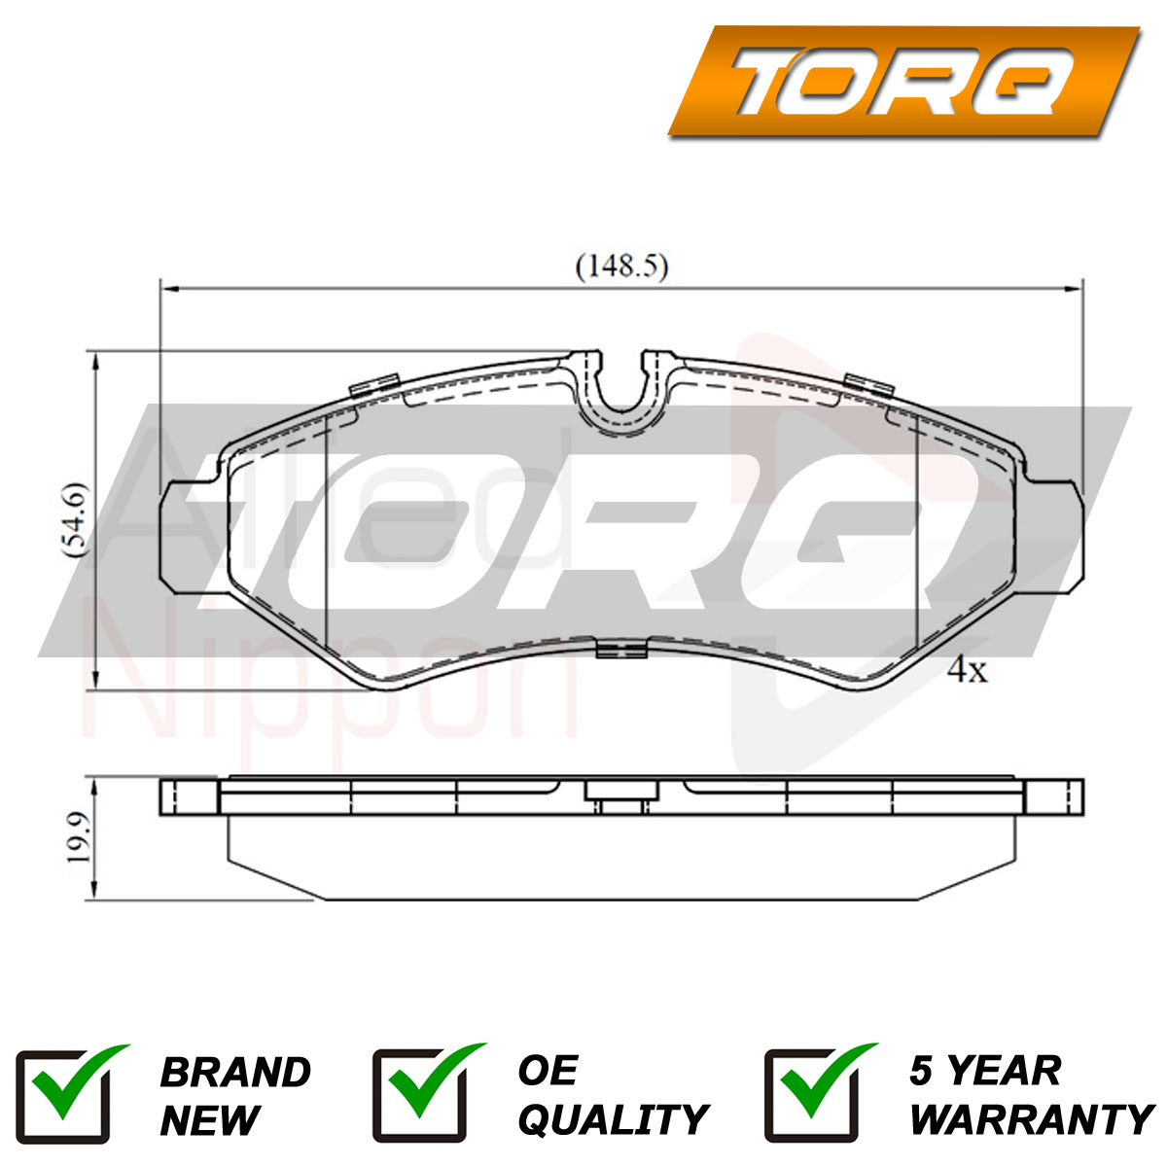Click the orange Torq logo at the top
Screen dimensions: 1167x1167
click(904, 81)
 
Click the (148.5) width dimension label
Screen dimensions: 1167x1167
click(622, 266)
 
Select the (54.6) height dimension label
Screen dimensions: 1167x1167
click(77, 519)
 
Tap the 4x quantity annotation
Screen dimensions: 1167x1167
click(967, 670)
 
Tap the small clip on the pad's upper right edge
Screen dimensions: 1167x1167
click(869, 384)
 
